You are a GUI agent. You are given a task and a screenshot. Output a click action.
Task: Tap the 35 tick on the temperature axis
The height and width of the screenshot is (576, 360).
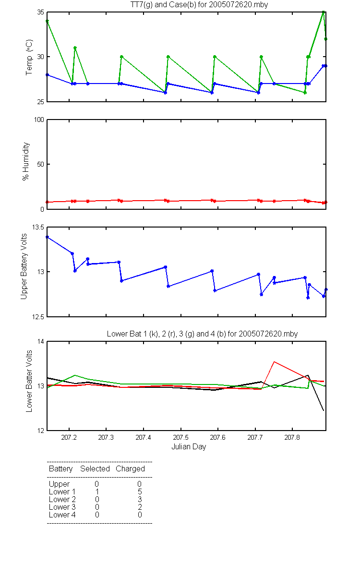point(41,12)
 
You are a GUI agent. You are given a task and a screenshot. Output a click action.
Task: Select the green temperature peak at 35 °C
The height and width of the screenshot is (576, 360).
point(324,12)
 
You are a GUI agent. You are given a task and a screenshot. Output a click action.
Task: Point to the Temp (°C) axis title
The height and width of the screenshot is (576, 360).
point(29,57)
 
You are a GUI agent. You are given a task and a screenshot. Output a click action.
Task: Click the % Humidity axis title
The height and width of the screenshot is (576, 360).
point(26,161)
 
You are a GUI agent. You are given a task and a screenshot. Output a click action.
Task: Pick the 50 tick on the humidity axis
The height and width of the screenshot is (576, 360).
point(41,164)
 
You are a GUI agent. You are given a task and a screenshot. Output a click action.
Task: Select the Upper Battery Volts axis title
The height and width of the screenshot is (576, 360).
point(24,266)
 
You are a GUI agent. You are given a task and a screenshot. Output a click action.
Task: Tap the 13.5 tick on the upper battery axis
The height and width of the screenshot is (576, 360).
point(38,227)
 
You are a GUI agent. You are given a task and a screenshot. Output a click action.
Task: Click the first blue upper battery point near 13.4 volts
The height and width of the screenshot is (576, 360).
point(48,237)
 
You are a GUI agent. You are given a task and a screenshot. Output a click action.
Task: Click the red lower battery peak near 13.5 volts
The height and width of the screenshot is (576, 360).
point(275,362)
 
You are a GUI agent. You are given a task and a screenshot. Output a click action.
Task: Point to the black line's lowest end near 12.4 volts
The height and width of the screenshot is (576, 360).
point(324,410)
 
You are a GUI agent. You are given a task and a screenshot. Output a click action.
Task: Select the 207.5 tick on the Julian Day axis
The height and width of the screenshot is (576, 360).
point(181,437)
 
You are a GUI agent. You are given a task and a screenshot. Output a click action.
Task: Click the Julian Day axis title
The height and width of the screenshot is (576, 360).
point(189,447)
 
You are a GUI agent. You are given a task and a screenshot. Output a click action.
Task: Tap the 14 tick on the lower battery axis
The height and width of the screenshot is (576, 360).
point(41,341)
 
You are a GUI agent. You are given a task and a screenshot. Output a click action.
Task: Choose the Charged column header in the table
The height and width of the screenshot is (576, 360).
point(130,469)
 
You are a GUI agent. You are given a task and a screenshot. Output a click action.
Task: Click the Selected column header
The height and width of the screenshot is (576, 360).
point(95,468)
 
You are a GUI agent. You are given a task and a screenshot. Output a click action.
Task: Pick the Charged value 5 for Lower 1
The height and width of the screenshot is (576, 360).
point(140,492)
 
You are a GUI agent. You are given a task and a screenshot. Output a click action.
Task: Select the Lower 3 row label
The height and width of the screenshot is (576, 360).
point(62,507)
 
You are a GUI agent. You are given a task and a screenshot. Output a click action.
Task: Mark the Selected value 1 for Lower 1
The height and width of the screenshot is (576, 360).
point(97,492)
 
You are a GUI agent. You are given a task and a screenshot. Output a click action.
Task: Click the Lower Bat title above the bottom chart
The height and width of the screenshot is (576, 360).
point(202,334)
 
